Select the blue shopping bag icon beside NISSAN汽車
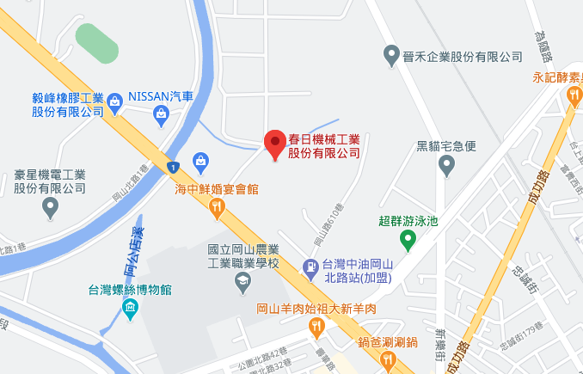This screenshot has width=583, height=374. coord(160,112)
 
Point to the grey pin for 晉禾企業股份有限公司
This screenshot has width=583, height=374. coord(391,56)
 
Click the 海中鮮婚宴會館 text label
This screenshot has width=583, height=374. coord(218,188)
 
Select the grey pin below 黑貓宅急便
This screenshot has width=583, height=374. coord(445,166)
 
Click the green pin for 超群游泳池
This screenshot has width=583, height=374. coord(408,241)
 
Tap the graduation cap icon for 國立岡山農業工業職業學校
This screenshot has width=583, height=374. coord(244,282)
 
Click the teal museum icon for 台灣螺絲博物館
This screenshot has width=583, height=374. coord(130,308)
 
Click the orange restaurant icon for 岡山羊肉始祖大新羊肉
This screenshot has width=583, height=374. coord(316,326)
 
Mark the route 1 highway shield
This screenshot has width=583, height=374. coord(173,166)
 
